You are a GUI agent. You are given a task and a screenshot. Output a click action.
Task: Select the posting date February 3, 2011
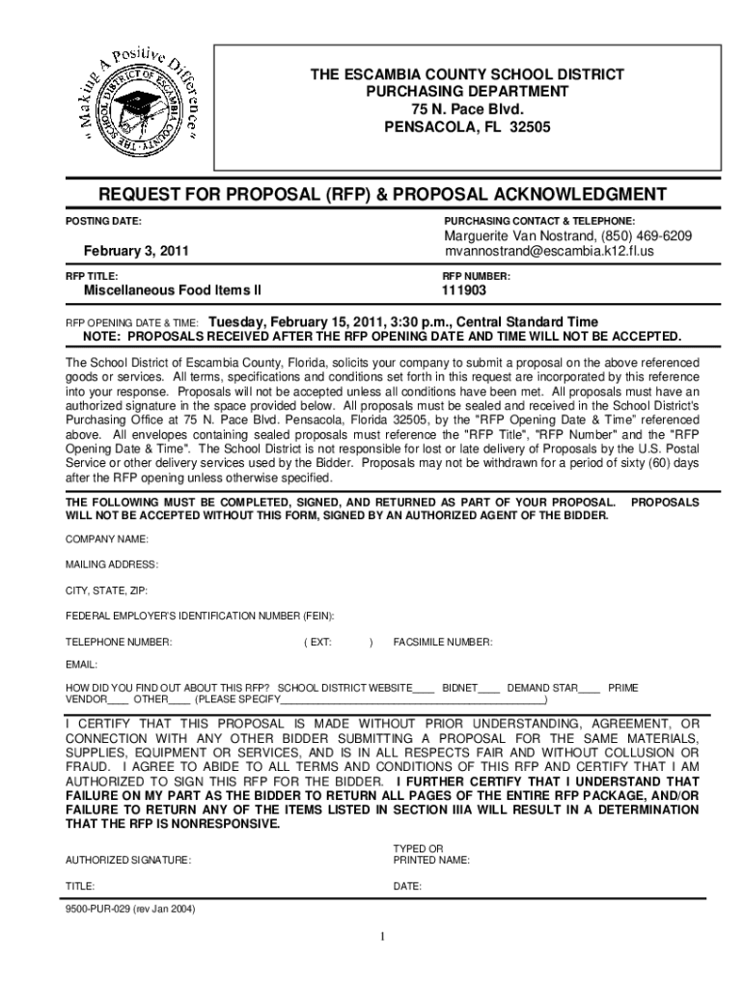[135, 252]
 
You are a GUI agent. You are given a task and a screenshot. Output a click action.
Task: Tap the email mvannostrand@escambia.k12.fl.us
[549, 252]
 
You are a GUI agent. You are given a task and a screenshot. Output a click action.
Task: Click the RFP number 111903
[463, 289]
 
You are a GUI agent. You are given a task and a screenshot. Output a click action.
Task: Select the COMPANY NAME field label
[106, 538]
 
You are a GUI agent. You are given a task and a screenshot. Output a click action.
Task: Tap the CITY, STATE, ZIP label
[106, 590]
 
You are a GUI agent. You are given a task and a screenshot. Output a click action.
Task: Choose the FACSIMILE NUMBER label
[443, 642]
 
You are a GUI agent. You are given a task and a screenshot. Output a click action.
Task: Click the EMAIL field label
[81, 666]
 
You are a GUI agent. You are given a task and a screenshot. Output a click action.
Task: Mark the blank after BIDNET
[489, 689]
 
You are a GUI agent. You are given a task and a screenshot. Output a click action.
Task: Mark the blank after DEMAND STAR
[589, 689]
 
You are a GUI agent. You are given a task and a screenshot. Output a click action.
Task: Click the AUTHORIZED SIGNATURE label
[127, 859]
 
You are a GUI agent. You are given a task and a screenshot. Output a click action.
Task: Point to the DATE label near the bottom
[407, 885]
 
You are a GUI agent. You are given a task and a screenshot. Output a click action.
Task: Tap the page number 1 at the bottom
[382, 938]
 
